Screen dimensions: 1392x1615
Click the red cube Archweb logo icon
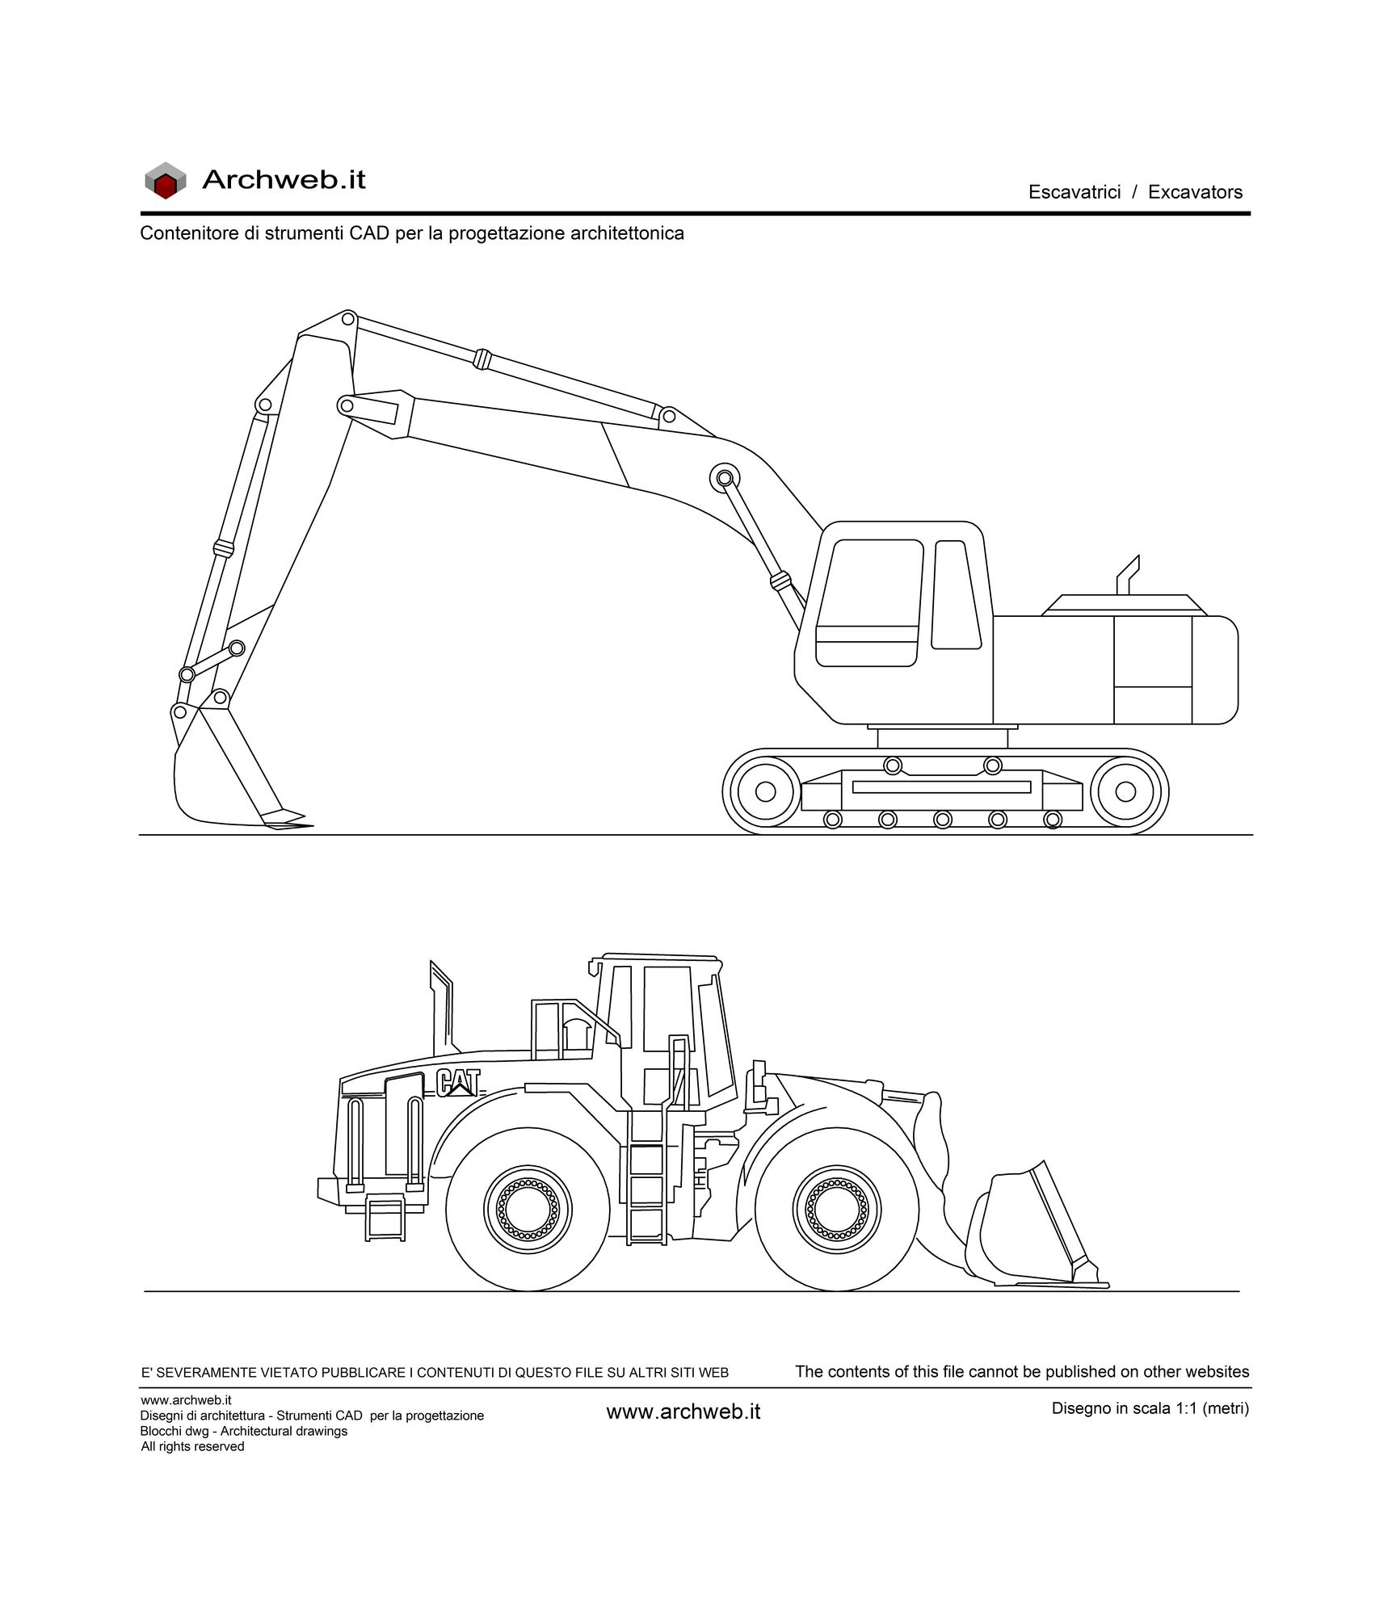[x=165, y=180]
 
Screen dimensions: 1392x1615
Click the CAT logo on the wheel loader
[x=458, y=1083]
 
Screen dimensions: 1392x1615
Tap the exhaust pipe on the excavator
[x=1128, y=574]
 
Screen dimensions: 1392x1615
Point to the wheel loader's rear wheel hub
[x=528, y=1210]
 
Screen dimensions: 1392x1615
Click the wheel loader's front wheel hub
[x=837, y=1210]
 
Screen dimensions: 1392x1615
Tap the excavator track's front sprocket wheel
[x=765, y=791]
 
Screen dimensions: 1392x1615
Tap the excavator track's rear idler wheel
[x=1125, y=791]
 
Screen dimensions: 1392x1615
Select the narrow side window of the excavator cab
[x=957, y=594]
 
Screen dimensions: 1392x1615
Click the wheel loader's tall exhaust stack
[x=442, y=1007]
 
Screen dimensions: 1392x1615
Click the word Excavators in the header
[x=1195, y=192]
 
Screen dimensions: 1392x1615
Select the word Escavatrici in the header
[x=1074, y=192]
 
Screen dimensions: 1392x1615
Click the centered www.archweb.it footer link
[x=683, y=1412]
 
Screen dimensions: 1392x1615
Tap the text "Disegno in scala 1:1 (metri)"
[x=1150, y=1408]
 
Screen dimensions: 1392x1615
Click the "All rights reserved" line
[x=192, y=1446]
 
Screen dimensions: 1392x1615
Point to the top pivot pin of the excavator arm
[x=348, y=318]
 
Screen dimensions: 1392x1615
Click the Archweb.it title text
[x=284, y=179]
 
